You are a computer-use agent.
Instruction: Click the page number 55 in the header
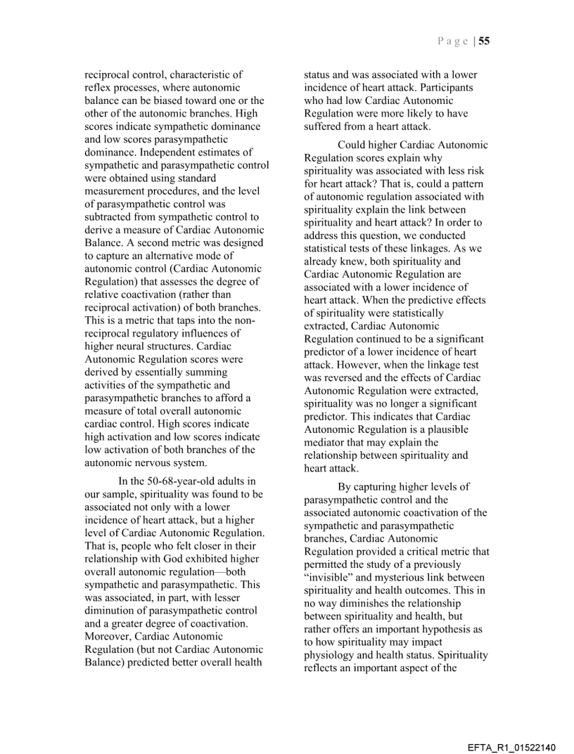tap(485, 41)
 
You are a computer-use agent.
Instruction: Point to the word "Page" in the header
tap(451, 41)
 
